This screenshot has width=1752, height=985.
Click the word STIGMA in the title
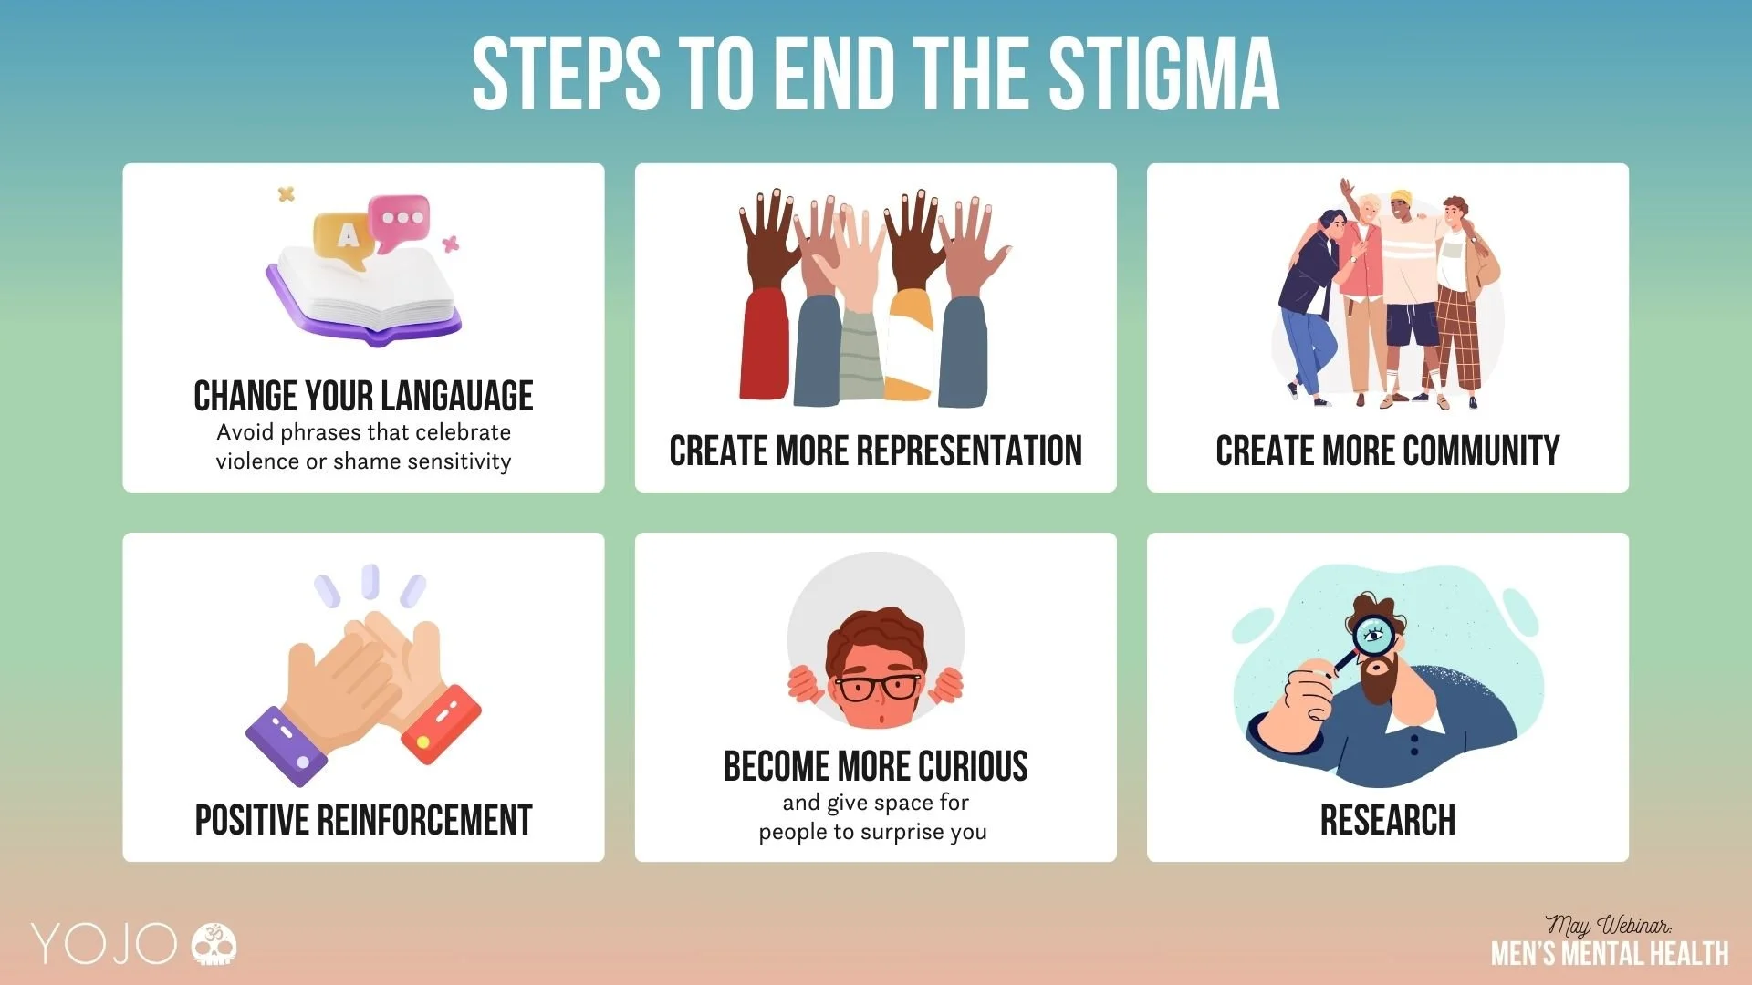tap(1163, 75)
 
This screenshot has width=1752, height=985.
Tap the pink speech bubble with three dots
tap(400, 220)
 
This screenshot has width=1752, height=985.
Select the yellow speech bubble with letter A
tap(345, 237)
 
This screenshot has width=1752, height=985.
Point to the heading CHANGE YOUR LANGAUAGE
tap(363, 397)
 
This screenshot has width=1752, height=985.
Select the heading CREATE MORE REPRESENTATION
tap(875, 451)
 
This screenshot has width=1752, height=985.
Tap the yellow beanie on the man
tap(1401, 197)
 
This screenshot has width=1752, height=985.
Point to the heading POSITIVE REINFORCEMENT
tap(363, 820)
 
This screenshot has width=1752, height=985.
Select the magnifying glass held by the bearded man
tap(1369, 638)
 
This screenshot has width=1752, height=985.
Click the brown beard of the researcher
tap(1378, 679)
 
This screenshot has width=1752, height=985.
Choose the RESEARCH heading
tap(1387, 820)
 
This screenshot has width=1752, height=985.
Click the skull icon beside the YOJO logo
tap(214, 944)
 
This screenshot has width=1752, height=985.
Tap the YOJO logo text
tap(103, 944)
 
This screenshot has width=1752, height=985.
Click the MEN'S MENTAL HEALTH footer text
tap(1609, 954)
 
